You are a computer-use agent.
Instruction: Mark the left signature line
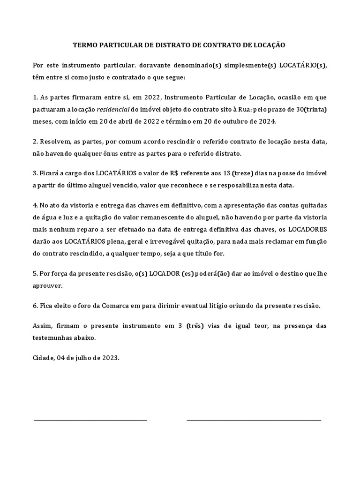point(90,420)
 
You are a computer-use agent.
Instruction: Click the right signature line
point(254,420)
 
